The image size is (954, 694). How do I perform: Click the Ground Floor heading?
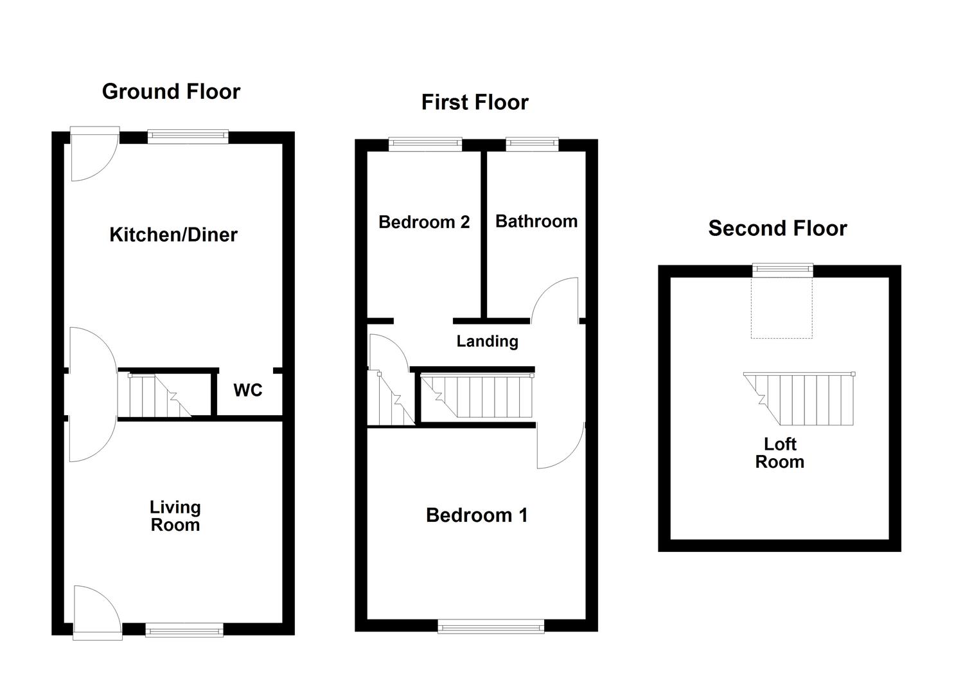pos(171,92)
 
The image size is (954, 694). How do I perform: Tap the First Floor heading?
pos(475,102)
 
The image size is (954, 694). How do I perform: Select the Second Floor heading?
pos(777,228)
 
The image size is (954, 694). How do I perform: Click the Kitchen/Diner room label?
pos(173,235)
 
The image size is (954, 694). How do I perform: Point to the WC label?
pos(248,390)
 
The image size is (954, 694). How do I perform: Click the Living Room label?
pos(175,516)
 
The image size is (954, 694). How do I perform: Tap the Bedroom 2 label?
pos(424,222)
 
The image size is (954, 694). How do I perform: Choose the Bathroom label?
pos(536,222)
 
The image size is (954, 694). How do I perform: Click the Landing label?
pos(487,341)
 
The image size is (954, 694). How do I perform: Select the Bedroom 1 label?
pos(477,515)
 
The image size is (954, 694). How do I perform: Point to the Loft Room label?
pos(779,453)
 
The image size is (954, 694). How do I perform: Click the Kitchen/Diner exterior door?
pos(94,154)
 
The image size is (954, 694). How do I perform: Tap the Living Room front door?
pos(97,612)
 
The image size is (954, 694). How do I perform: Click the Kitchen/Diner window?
pos(188,136)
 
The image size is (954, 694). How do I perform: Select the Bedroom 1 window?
pos(491,626)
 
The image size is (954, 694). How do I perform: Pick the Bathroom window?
pos(532,145)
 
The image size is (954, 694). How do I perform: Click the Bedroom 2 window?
pos(425,145)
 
